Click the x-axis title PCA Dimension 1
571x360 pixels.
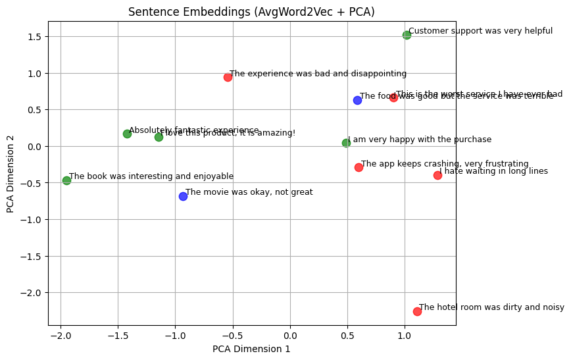tap(251, 349)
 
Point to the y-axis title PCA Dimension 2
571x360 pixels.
tap(11, 174)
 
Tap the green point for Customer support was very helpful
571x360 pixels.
tap(407, 35)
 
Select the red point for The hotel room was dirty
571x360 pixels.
tap(417, 311)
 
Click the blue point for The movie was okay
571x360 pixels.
tap(183, 196)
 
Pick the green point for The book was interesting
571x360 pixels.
tap(66, 180)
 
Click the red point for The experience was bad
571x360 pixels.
tap(228, 77)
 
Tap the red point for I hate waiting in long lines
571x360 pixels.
tap(437, 175)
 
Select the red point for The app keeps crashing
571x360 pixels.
tap(359, 167)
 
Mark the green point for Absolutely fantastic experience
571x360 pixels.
tap(127, 134)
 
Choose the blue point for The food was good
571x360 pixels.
tap(357, 100)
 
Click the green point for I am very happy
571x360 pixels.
tap(346, 143)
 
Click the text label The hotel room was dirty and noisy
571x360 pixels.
tap(491, 307)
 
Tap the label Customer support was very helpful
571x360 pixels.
tap(480, 31)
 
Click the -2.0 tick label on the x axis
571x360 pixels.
tap(61, 335)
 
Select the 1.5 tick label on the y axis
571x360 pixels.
tap(34, 37)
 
